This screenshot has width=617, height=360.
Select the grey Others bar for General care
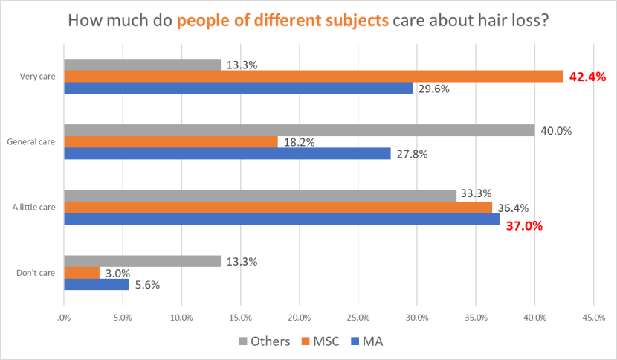pyautogui.click(x=300, y=130)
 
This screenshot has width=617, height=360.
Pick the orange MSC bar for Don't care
pyautogui.click(x=82, y=273)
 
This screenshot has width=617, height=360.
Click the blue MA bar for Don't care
pyautogui.click(x=97, y=284)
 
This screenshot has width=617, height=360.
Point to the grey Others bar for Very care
pyautogui.click(x=143, y=65)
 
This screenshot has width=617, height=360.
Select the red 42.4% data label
pyautogui.click(x=587, y=77)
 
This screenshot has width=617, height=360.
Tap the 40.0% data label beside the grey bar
pyautogui.click(x=555, y=131)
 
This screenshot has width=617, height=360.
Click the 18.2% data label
pyautogui.click(x=298, y=142)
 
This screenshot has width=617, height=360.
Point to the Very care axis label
pyautogui.click(x=40, y=76)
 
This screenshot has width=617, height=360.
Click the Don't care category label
pyautogui.click(x=36, y=273)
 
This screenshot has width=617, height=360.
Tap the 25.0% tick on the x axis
pyautogui.click(x=358, y=318)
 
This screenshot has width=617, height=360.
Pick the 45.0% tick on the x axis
pyautogui.click(x=593, y=318)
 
